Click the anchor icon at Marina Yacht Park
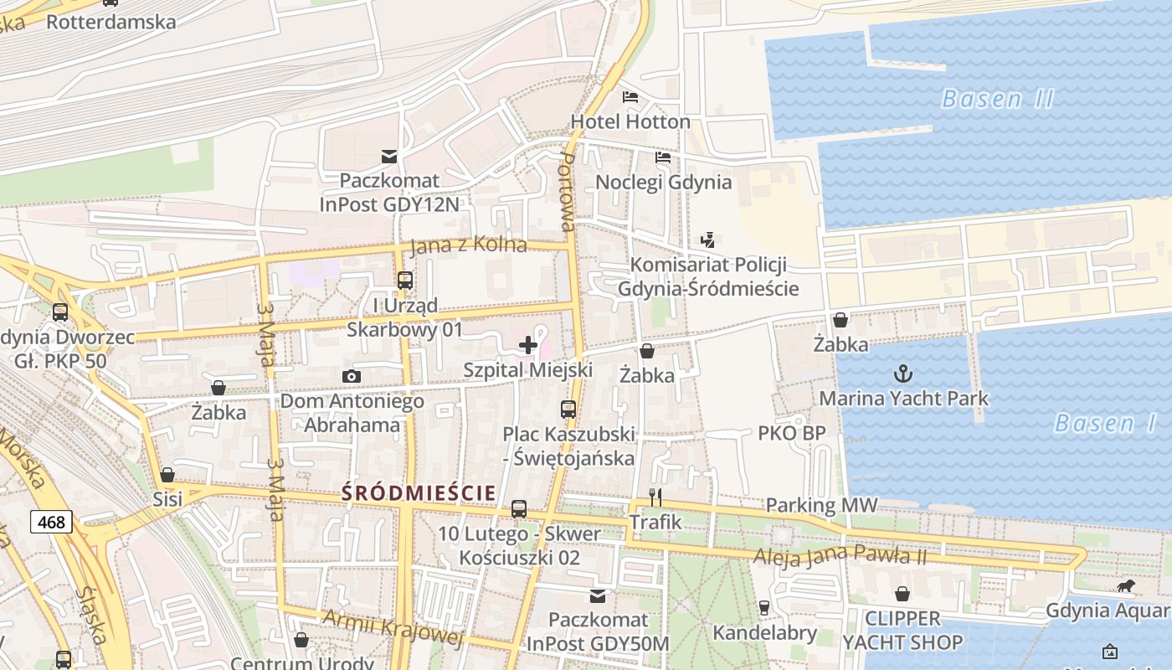point(903,374)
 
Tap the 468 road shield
point(51,523)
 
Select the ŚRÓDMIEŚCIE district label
point(418,493)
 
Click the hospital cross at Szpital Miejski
point(528,345)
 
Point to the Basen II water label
point(997,99)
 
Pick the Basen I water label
point(1105,423)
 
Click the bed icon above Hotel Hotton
point(630,97)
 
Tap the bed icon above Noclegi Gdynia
point(663,157)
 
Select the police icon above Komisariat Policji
point(708,240)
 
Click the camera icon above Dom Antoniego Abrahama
point(352,377)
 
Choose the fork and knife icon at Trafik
point(655,497)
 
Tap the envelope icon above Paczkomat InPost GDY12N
point(389,156)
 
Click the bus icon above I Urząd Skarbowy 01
point(405,281)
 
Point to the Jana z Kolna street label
point(468,245)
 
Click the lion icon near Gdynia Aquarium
point(1126,585)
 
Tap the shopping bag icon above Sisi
point(167,475)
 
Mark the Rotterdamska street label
point(111,21)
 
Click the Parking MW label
point(821,505)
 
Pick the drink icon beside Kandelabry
point(763,607)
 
